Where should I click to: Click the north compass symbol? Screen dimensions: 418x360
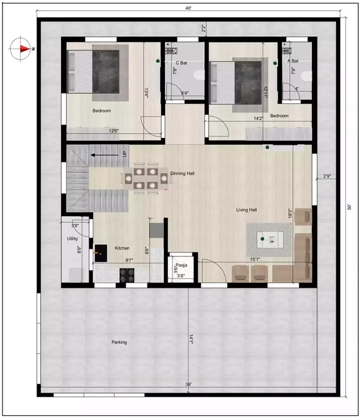click(x=21, y=49)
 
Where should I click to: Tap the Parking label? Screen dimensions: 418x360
click(x=119, y=342)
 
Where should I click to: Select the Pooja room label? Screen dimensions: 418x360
click(x=181, y=265)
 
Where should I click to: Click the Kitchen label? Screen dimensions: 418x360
click(x=123, y=248)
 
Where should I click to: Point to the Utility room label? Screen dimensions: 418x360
click(x=72, y=239)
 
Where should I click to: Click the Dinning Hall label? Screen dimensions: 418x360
click(x=182, y=174)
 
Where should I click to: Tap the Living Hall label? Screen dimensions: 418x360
click(x=247, y=210)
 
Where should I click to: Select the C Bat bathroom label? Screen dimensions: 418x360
click(x=181, y=63)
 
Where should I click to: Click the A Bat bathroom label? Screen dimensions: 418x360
click(x=293, y=61)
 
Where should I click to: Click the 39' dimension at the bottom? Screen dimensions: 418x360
click(x=188, y=385)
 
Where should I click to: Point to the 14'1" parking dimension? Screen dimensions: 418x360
click(x=192, y=339)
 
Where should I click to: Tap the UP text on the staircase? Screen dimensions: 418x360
click(x=125, y=153)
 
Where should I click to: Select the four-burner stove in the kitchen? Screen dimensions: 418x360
click(x=127, y=275)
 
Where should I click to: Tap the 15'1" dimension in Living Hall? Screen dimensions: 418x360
click(x=255, y=260)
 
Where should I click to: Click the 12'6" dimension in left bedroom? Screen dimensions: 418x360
click(x=114, y=131)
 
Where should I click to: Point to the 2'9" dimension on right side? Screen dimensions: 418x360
click(x=327, y=176)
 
